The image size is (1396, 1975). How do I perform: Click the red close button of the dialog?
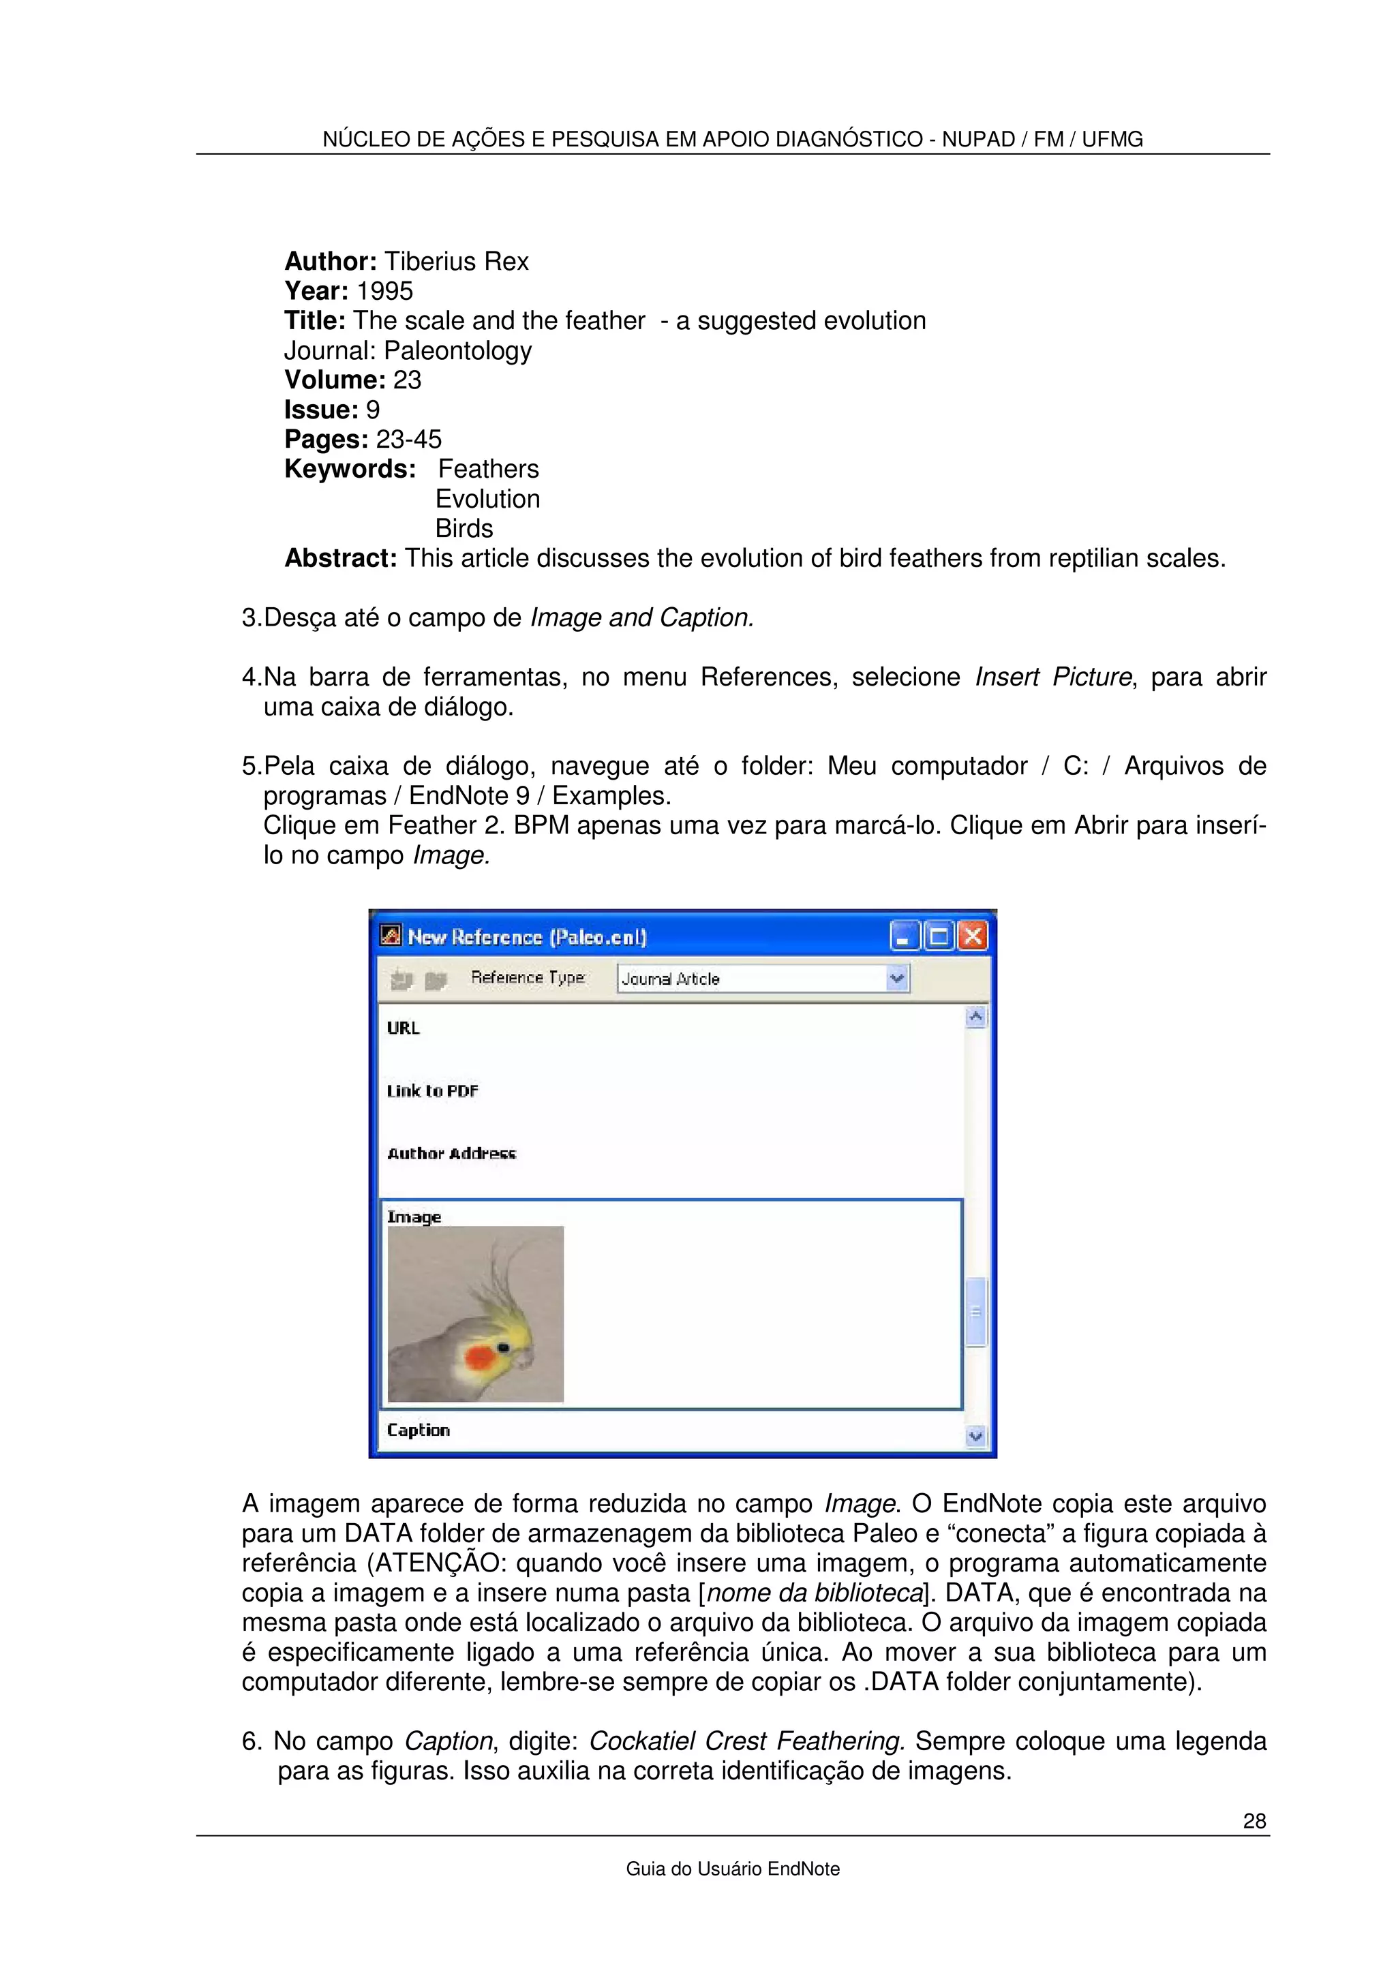coord(973,936)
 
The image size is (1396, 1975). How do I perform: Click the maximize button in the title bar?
coord(939,936)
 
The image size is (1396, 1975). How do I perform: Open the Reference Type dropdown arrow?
coord(897,978)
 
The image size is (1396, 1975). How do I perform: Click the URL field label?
coord(403,1028)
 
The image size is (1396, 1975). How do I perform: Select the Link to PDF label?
coord(431,1090)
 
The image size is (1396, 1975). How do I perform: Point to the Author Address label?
coord(451,1154)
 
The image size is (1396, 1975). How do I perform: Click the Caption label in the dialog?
coord(418,1430)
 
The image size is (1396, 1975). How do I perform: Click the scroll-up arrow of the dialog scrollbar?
coord(975,1017)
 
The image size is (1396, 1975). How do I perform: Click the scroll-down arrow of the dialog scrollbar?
coord(975,1435)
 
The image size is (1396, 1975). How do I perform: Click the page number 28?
coord(1254,1820)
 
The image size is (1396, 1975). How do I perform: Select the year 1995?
coord(384,291)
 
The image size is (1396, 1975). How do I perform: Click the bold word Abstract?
coord(341,558)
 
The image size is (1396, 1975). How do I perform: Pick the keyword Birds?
coord(464,528)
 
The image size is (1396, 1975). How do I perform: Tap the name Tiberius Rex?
coord(456,262)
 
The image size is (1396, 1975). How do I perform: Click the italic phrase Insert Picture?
coord(1053,677)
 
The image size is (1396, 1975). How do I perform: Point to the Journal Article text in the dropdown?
coord(670,979)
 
